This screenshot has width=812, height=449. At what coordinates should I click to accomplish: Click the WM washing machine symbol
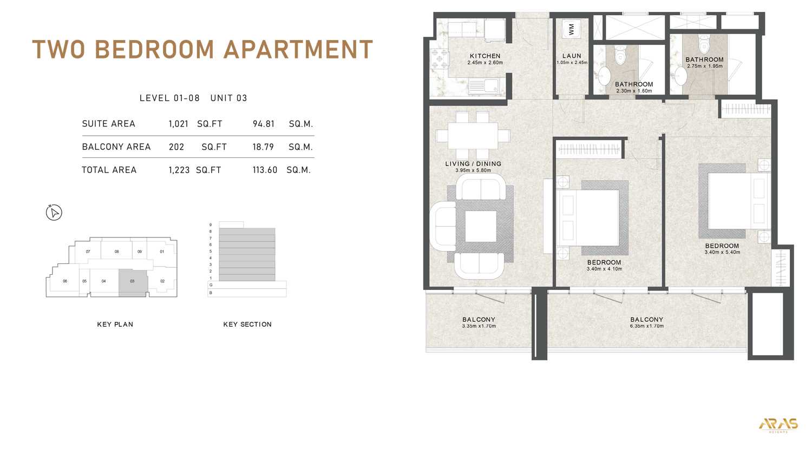[571, 29]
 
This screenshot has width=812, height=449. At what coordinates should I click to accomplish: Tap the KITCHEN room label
[485, 56]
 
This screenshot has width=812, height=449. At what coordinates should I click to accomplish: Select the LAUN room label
[572, 56]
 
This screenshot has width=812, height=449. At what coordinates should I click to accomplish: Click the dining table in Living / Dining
[473, 136]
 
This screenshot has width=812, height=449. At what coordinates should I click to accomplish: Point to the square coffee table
[481, 227]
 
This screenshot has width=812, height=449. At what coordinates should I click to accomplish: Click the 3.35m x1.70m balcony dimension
[479, 326]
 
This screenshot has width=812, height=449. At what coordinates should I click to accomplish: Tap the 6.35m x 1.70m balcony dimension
[647, 326]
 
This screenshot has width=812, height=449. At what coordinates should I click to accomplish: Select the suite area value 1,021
[178, 124]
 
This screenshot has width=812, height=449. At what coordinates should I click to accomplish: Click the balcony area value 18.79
[263, 147]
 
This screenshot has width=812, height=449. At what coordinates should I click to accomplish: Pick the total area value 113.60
[265, 170]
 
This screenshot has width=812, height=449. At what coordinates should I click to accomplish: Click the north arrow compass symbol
[54, 213]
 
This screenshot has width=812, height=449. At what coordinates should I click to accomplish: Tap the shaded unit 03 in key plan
[133, 283]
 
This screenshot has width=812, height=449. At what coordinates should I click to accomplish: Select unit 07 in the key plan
[88, 252]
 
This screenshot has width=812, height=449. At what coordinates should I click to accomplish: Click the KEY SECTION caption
[247, 325]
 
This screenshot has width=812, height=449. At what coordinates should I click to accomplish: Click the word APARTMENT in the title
[298, 49]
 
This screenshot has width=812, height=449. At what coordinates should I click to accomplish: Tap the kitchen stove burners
[439, 59]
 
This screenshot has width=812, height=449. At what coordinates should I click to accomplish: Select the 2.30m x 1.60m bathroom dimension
[634, 91]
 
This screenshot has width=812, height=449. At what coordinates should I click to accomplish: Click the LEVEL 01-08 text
[169, 98]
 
